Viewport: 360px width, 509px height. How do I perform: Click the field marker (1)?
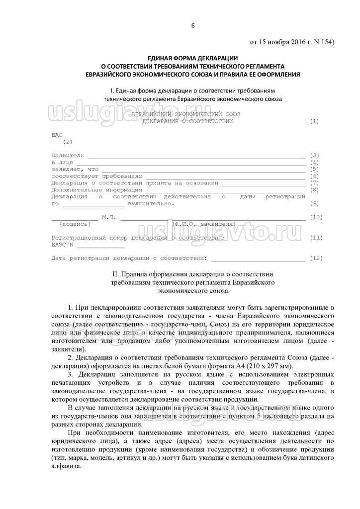tap(314, 121)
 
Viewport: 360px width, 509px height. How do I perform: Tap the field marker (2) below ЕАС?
tap(68, 142)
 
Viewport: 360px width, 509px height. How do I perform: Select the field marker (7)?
tap(314, 183)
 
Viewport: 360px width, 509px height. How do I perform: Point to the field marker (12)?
tap(316, 258)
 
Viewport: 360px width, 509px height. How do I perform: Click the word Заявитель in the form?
tap(68, 156)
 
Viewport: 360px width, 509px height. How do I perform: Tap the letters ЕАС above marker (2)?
tap(58, 135)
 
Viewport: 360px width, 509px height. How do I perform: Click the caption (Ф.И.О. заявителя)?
tap(200, 224)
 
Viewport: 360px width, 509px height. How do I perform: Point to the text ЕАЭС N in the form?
tap(63, 245)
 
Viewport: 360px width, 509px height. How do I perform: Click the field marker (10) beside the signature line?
tap(316, 217)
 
